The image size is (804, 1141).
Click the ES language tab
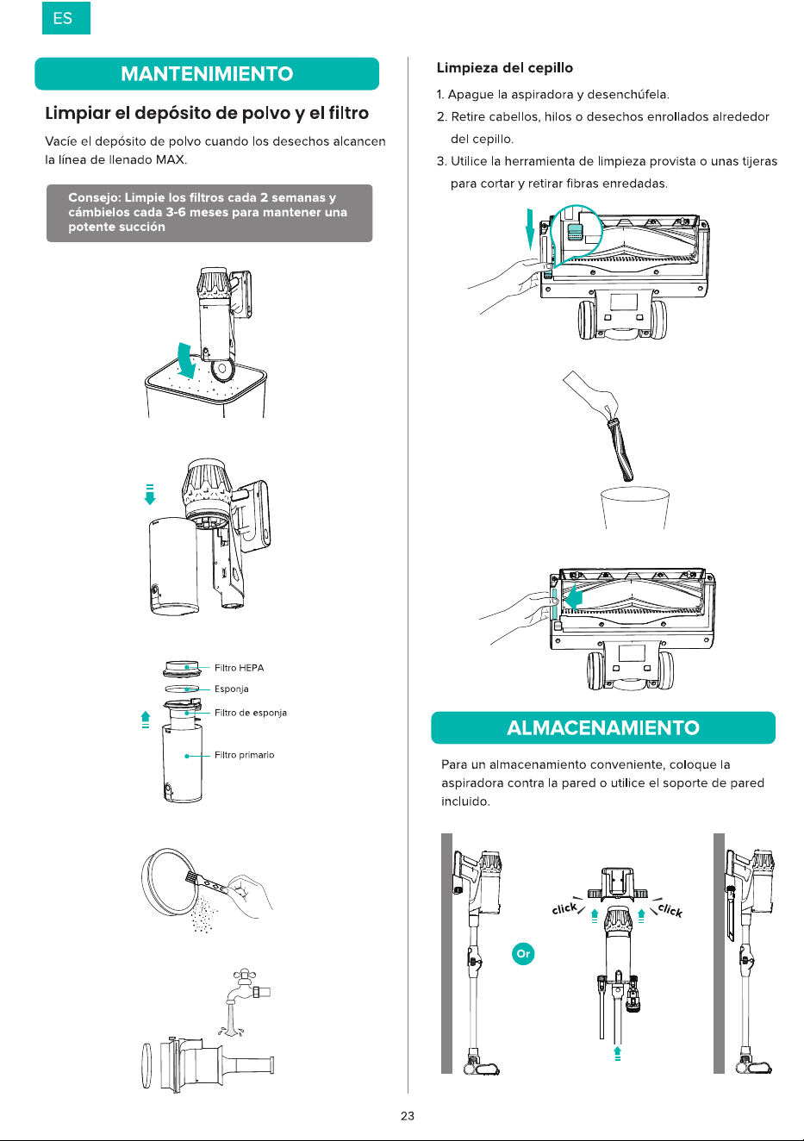point(66,18)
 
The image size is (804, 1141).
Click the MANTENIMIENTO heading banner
point(207,74)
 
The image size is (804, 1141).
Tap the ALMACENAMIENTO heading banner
point(603,727)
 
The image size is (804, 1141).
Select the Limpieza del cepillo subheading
point(504,68)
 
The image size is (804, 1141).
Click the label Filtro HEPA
point(239,668)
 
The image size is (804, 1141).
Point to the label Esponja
point(231,689)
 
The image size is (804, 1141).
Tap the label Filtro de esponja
point(251,713)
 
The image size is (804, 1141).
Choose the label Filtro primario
point(244,755)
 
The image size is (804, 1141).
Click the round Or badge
point(523,953)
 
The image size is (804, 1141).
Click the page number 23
point(407,1116)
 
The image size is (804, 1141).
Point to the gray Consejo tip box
point(209,213)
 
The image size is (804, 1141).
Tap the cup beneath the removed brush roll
point(635,508)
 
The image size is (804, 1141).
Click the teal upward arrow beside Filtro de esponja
point(146,720)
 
